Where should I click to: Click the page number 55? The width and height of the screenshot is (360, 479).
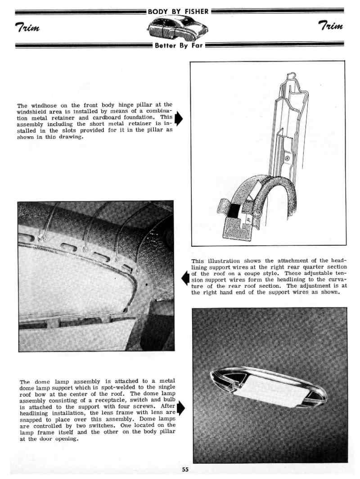point(185,470)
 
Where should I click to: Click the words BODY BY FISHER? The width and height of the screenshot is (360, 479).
point(179,11)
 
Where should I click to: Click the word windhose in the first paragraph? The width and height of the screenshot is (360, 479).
point(43,105)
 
